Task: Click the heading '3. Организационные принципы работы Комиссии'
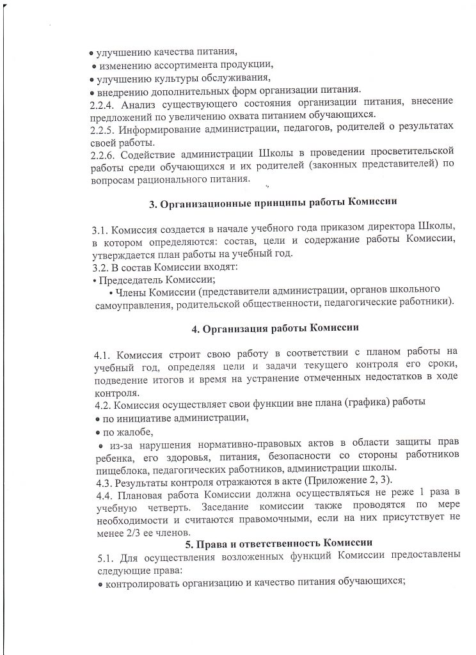pos(274,204)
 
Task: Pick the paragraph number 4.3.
pos(100,480)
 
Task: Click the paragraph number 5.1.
pos(100,555)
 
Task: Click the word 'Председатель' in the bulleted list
pos(127,280)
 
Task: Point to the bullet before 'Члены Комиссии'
pos(111,292)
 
